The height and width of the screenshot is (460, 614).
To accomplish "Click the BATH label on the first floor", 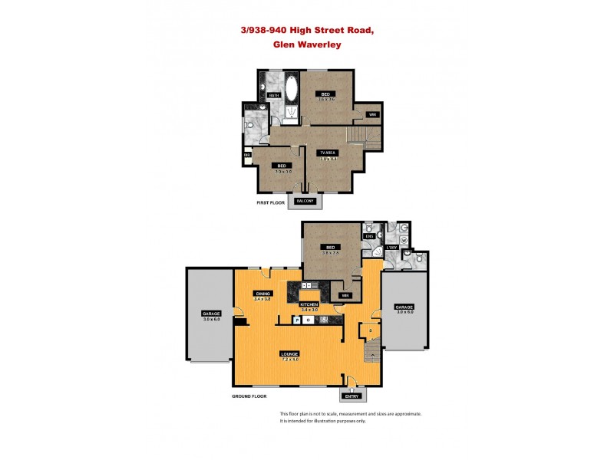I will (x=274, y=95).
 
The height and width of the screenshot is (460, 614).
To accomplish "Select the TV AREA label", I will (x=328, y=153).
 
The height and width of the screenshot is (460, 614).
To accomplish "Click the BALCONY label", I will (x=305, y=201).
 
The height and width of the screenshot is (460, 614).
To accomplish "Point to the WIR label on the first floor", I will (x=371, y=115).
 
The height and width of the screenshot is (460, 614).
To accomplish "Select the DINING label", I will (x=262, y=293).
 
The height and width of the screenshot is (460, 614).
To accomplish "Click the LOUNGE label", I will (x=290, y=354).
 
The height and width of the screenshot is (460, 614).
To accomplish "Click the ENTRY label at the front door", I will (x=353, y=396).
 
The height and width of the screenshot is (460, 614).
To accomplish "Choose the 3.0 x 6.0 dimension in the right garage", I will (x=404, y=311).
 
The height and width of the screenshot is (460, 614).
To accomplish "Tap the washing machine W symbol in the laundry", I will (x=403, y=238).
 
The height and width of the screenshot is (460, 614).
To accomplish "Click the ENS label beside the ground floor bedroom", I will (x=369, y=237).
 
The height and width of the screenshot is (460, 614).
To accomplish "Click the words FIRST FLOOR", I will (x=271, y=203).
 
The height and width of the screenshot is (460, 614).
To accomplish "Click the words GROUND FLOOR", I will (x=250, y=396).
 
